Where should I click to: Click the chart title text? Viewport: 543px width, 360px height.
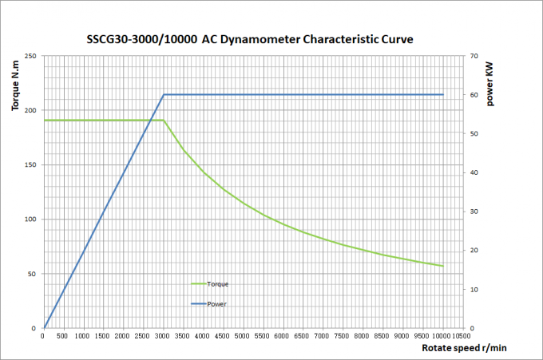(x=250, y=39)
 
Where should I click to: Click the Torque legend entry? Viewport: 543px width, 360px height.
(x=210, y=284)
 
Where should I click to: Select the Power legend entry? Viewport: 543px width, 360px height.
(x=209, y=304)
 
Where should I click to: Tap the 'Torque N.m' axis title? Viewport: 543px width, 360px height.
(x=15, y=85)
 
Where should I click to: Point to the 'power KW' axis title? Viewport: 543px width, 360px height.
(x=489, y=84)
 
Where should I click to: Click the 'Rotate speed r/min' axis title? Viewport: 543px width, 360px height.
(x=464, y=348)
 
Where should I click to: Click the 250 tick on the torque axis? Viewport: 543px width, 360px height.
(x=30, y=56)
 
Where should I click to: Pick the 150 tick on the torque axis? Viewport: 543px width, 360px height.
(x=30, y=164)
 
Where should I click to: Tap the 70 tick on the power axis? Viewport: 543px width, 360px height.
(x=474, y=56)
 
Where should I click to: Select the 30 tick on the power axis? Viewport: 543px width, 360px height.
(x=474, y=212)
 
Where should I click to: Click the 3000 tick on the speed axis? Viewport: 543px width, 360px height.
(x=162, y=336)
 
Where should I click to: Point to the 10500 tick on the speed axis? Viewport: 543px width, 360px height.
(x=462, y=336)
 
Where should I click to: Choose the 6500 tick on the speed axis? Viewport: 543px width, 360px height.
(x=302, y=336)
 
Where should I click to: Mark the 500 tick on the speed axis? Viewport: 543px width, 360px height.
(x=62, y=336)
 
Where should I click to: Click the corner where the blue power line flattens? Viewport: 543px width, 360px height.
(x=164, y=94)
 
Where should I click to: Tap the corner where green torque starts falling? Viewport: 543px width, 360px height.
(x=164, y=121)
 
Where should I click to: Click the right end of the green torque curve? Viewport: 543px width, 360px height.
(x=443, y=266)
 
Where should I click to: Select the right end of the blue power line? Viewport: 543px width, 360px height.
(x=443, y=94)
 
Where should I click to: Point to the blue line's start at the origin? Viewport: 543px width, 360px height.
(x=45, y=328)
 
